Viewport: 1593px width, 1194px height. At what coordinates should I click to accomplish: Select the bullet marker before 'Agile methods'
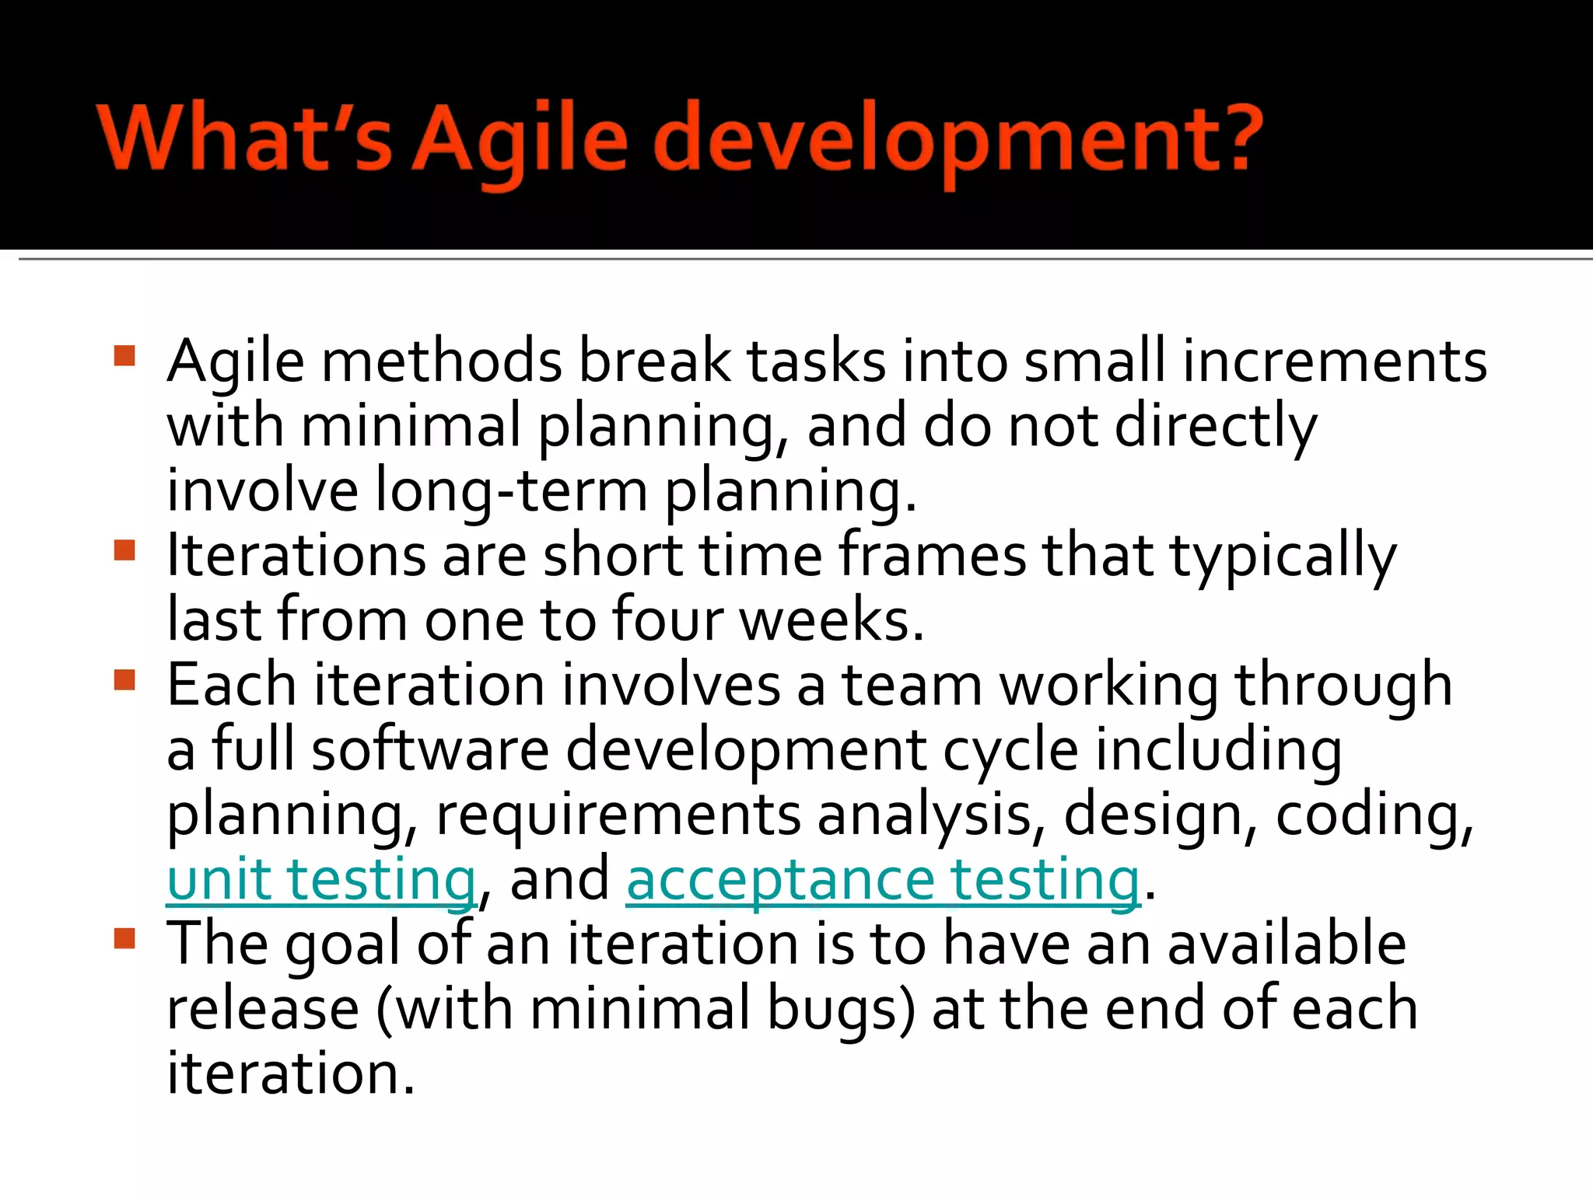(x=124, y=357)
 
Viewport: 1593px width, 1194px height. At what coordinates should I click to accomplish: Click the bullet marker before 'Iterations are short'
(x=124, y=551)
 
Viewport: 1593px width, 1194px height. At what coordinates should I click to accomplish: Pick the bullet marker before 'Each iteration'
(x=124, y=680)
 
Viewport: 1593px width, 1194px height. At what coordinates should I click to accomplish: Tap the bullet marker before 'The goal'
(x=124, y=939)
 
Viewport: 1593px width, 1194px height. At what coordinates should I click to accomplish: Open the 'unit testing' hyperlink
(x=321, y=879)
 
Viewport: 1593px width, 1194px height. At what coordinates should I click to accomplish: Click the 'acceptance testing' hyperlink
(x=883, y=879)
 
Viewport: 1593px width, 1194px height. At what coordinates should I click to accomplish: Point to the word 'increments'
(x=1334, y=361)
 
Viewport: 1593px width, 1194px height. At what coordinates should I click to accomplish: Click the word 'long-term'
(x=511, y=491)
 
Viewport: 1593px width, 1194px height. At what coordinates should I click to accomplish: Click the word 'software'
(x=430, y=749)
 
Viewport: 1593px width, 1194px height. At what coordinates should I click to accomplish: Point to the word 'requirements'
(x=618, y=815)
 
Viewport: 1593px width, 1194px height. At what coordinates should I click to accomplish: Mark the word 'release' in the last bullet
(x=263, y=1009)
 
